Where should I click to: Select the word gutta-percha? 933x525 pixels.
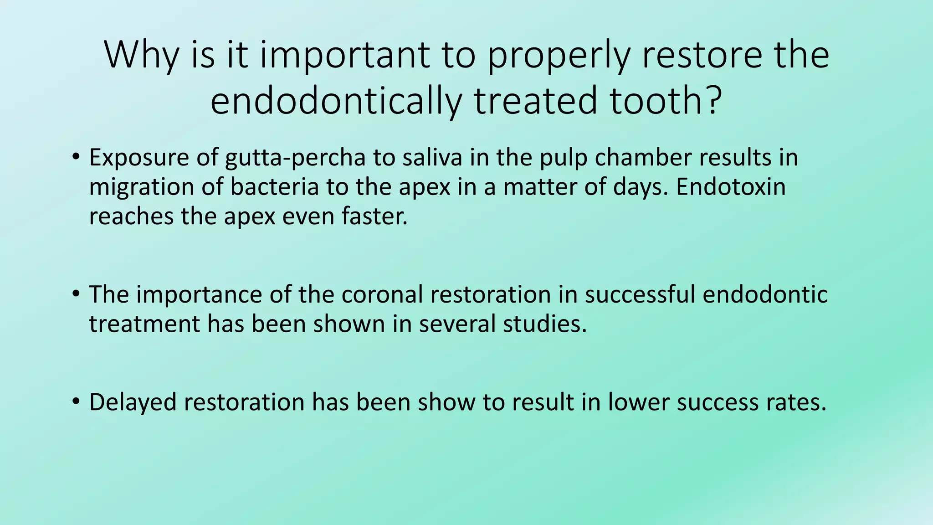tap(295, 158)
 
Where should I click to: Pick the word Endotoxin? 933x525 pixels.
tap(731, 187)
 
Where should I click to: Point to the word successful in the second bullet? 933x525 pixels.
tap(640, 294)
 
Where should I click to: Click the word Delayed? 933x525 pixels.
tap(133, 403)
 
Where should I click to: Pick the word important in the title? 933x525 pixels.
tap(344, 56)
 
